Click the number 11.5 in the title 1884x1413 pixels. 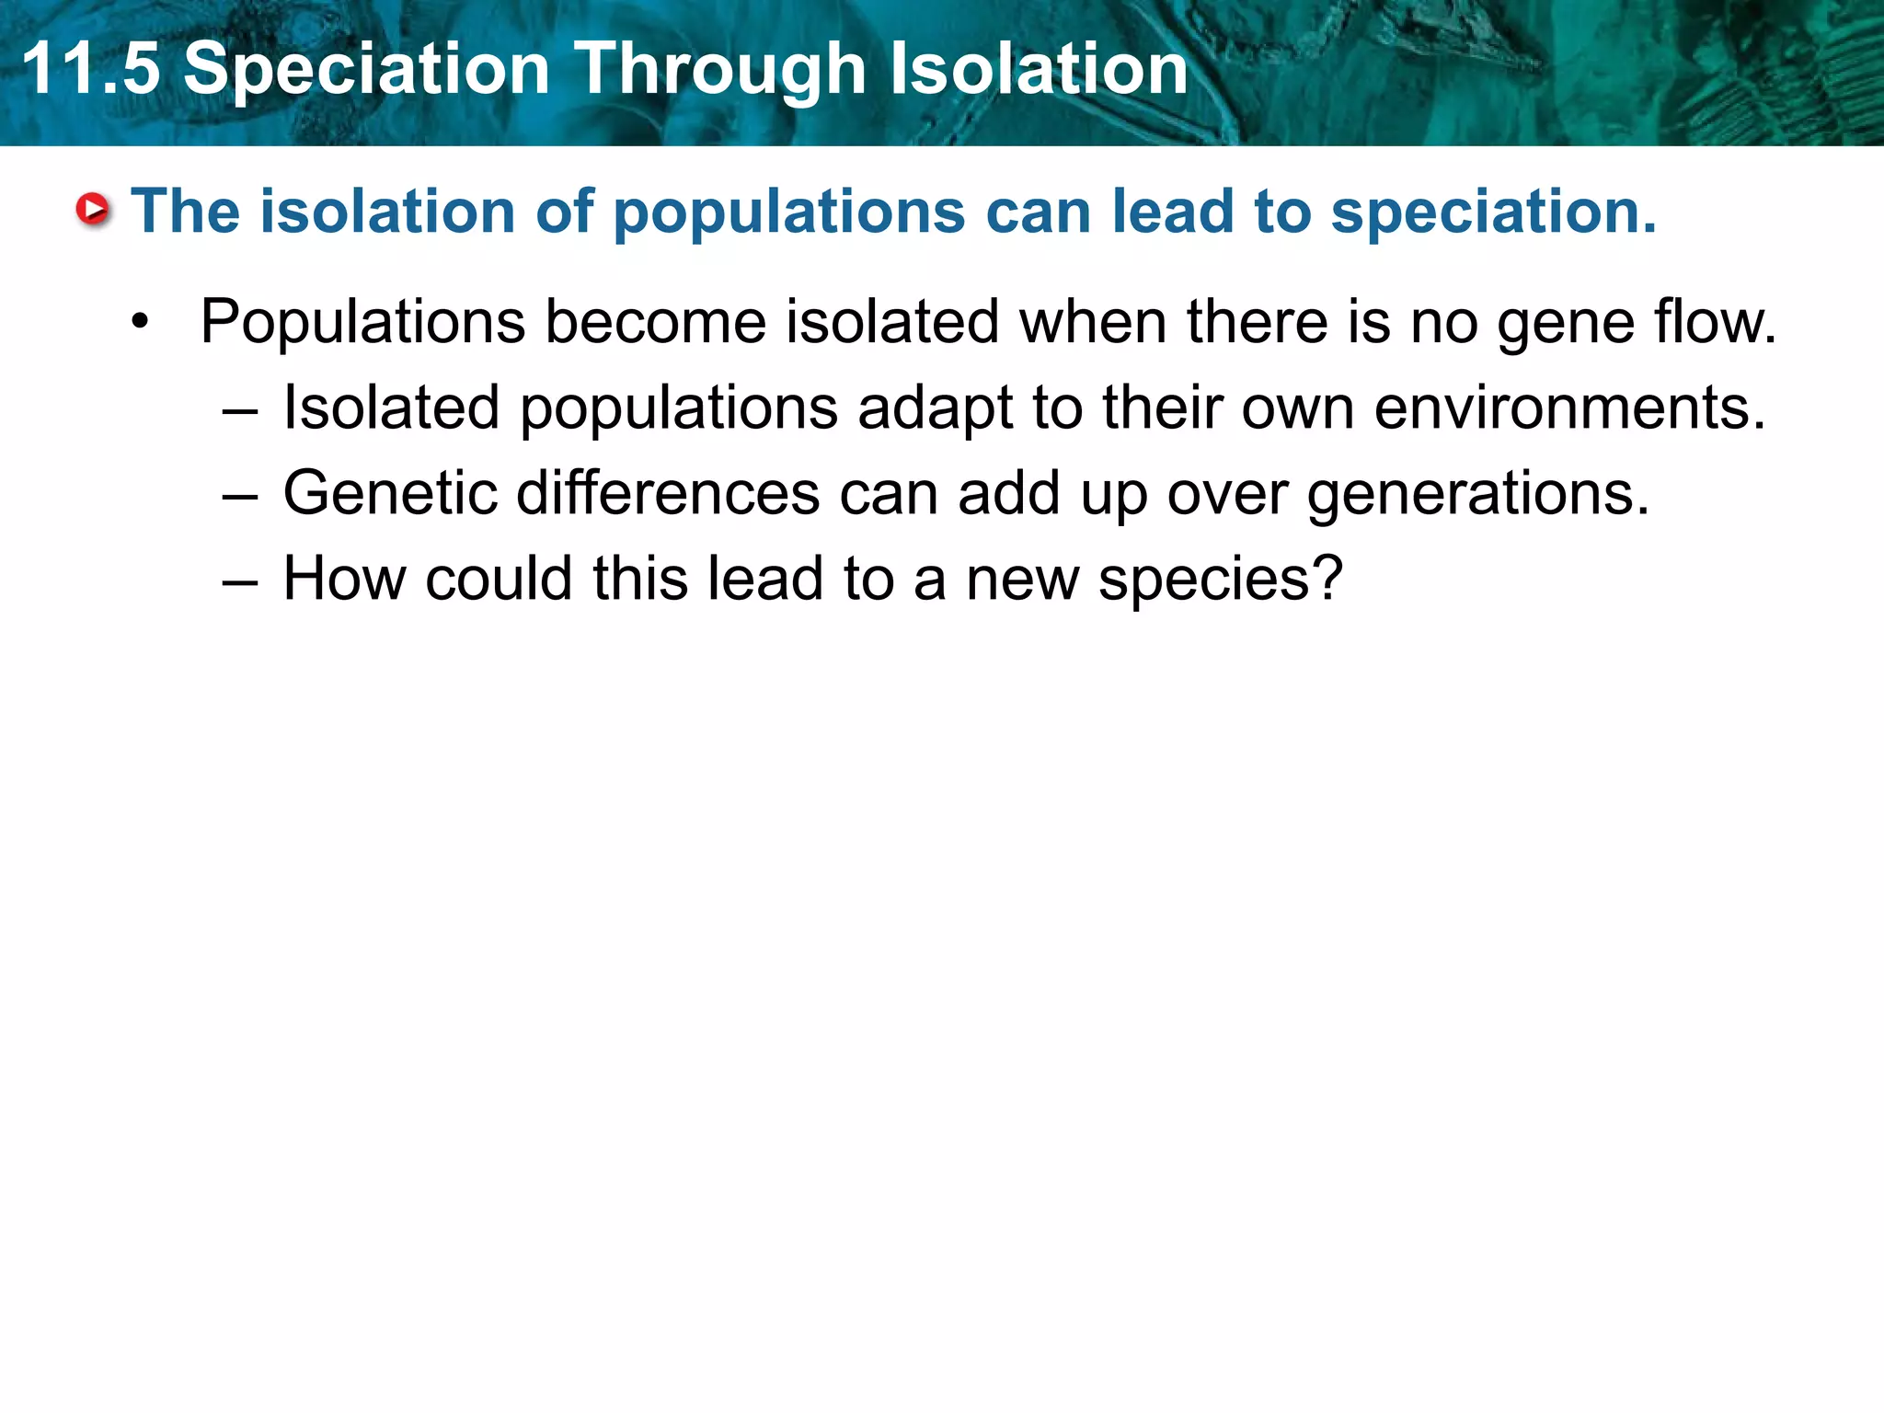pos(90,69)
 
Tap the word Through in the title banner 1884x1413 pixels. pos(720,69)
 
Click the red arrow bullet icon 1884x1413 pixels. pos(93,210)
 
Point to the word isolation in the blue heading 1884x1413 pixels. pos(387,212)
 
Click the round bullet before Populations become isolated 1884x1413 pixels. pos(140,323)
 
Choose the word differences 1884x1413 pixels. pos(668,493)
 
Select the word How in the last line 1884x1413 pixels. pos(344,579)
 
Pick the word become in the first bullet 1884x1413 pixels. pos(655,322)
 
